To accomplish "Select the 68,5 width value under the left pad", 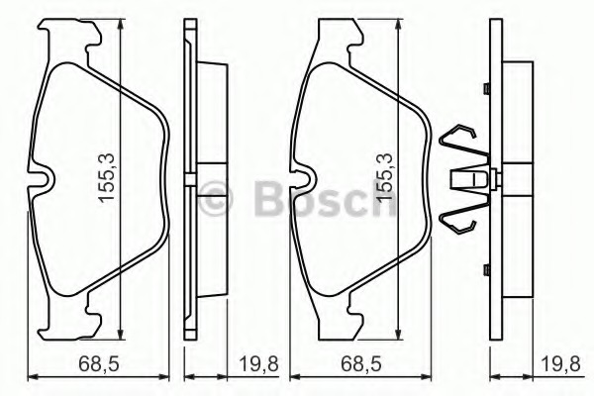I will point(98,366).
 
